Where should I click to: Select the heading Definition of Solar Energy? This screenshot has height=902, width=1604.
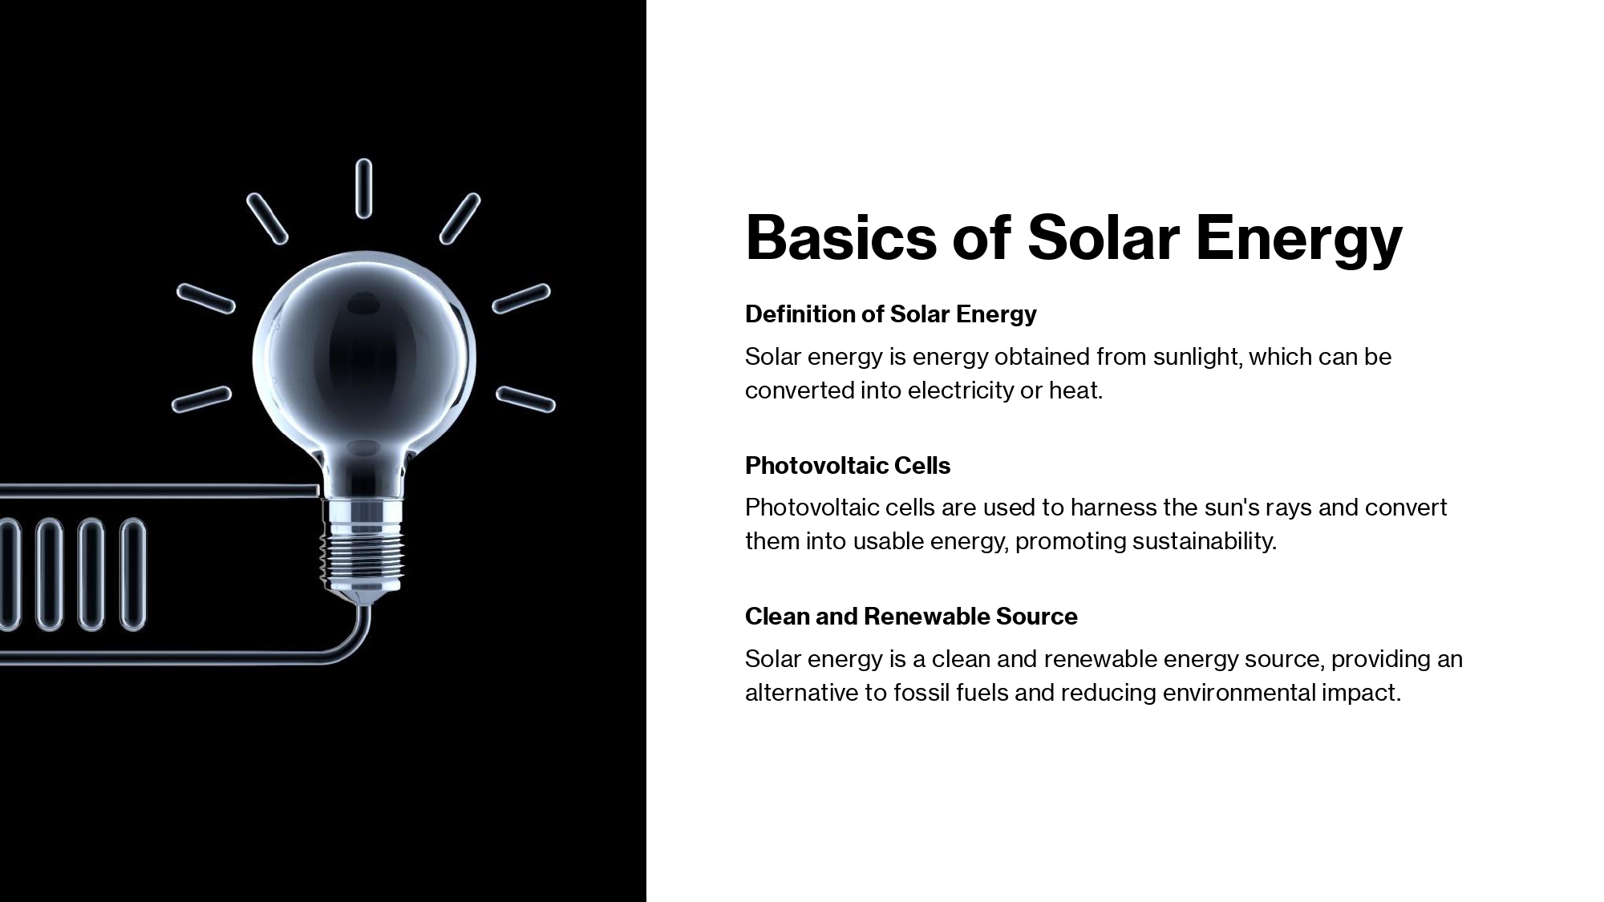890,313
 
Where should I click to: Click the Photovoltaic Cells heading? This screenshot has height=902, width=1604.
848,465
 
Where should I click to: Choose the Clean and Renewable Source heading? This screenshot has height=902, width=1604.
911,616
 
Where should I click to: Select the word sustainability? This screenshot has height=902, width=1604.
1204,541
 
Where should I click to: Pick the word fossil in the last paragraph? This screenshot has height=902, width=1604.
921,693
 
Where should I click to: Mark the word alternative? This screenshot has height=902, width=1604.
801,693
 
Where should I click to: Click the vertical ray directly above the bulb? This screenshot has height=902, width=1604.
363,188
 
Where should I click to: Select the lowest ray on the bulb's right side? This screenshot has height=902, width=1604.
525,399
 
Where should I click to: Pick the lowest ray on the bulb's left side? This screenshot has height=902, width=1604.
201,399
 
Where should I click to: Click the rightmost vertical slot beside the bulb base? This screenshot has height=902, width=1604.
133,574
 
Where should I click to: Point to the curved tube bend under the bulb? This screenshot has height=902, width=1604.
356,646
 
